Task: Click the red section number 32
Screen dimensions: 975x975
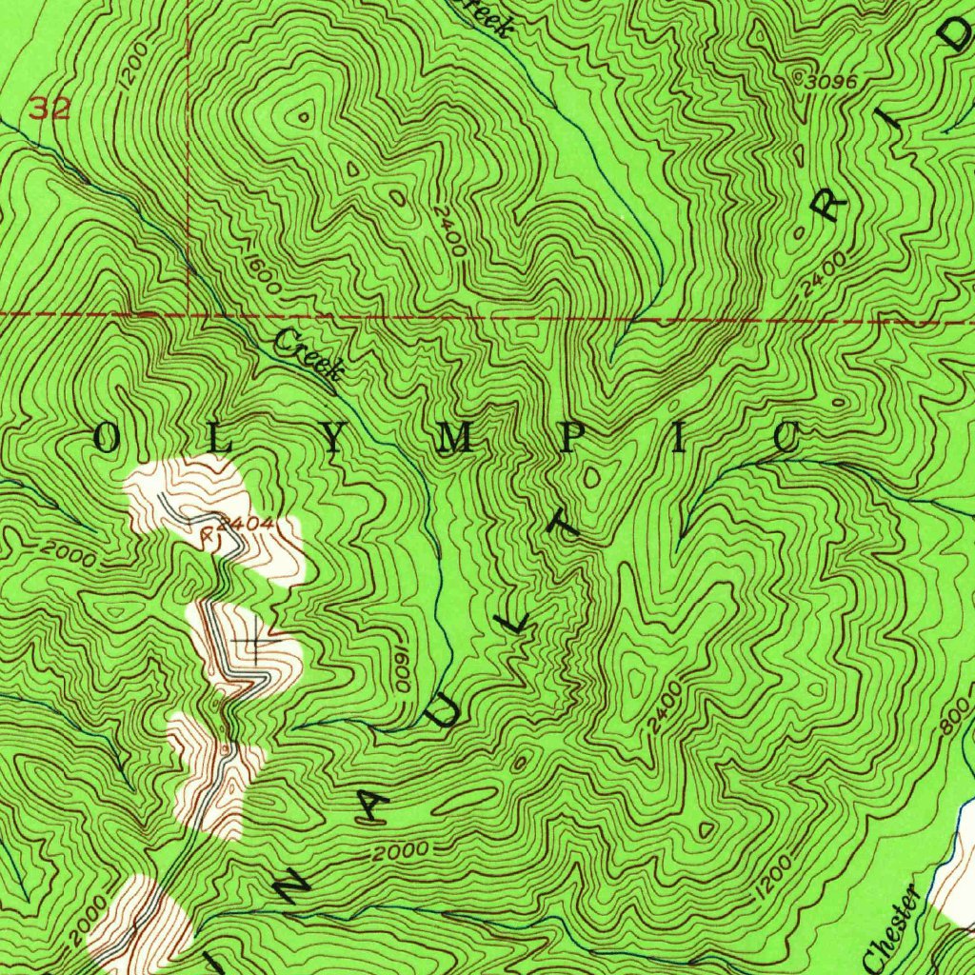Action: coord(49,109)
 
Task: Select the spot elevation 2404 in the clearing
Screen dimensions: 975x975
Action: coord(245,524)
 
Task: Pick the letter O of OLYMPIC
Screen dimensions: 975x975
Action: coord(108,439)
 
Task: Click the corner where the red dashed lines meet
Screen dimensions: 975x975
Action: coord(189,312)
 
